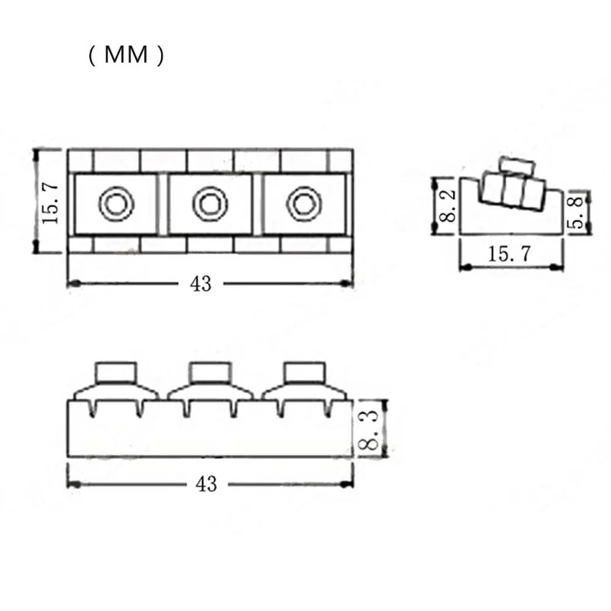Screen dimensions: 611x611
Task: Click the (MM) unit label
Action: [126, 56]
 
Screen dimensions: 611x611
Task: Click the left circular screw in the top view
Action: [115, 204]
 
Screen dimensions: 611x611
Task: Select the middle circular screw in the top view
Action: [209, 204]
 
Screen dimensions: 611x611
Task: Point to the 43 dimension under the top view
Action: [200, 283]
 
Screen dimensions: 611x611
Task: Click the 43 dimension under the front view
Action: [206, 483]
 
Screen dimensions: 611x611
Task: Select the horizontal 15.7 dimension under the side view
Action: [510, 254]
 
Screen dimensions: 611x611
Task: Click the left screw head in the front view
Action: [117, 371]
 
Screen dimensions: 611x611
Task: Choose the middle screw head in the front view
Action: [210, 371]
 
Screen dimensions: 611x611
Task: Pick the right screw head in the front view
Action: [303, 371]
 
